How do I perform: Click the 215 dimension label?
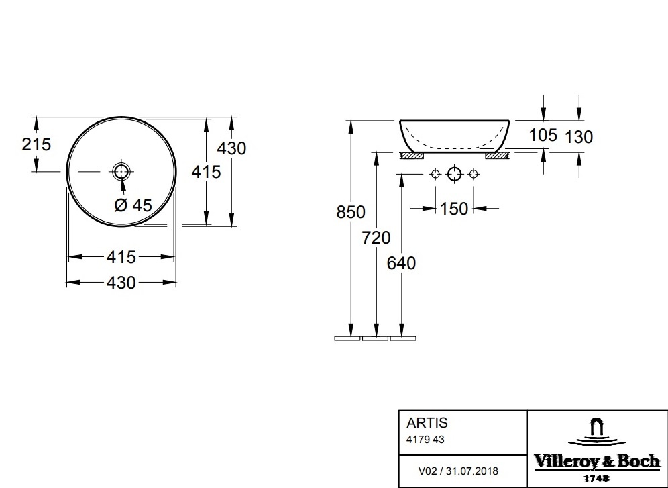click(x=36, y=144)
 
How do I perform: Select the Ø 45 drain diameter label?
click(x=133, y=205)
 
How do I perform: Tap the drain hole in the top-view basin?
click(x=121, y=171)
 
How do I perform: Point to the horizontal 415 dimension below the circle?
click(x=121, y=256)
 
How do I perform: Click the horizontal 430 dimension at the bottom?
click(x=121, y=283)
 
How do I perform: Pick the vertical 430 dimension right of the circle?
click(x=232, y=148)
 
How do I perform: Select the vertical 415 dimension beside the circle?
click(x=206, y=172)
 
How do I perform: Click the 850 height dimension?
click(x=351, y=212)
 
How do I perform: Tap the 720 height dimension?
click(x=376, y=237)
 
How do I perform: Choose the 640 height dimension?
click(x=401, y=263)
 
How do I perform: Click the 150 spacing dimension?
click(x=454, y=209)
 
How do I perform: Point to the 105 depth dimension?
click(x=543, y=135)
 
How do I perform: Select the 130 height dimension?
click(x=578, y=137)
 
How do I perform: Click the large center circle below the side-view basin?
click(x=455, y=175)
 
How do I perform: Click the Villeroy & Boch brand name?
click(x=596, y=460)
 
